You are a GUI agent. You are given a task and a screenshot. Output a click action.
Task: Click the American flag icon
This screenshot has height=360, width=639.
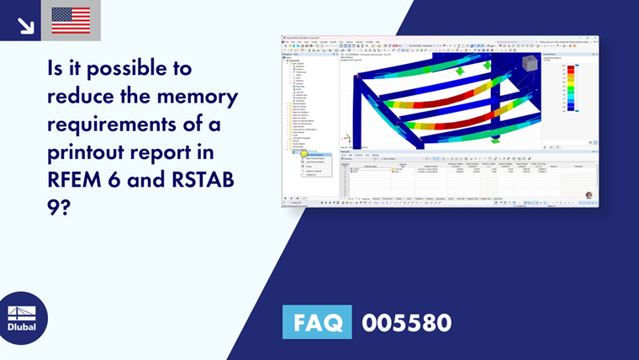tap(71, 20)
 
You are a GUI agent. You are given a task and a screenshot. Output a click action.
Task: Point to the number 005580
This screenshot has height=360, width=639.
tap(406, 321)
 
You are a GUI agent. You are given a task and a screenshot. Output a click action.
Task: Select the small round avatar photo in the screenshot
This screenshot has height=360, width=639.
tap(589, 195)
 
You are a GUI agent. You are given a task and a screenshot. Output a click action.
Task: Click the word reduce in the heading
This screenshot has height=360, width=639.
tap(90, 96)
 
